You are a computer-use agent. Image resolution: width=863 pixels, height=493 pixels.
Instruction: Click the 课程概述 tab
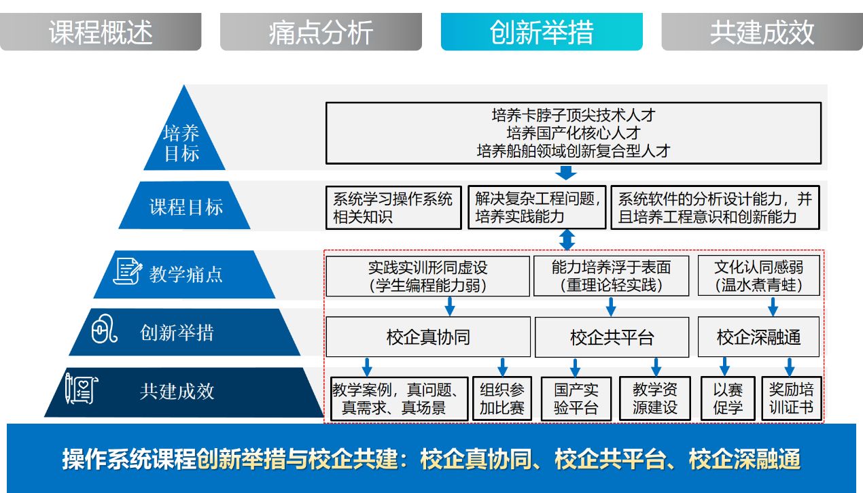(x=101, y=31)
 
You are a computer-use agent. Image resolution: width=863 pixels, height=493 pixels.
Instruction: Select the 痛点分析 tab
(x=321, y=31)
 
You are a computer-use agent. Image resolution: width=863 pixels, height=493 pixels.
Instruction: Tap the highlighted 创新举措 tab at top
(x=542, y=31)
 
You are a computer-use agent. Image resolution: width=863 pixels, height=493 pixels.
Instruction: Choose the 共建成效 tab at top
(x=762, y=31)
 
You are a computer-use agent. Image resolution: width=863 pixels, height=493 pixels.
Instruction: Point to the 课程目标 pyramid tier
(x=185, y=205)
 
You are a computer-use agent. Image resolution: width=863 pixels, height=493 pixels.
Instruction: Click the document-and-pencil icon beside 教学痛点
(x=127, y=271)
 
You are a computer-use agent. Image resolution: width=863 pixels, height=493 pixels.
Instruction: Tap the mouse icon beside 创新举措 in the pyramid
(x=104, y=329)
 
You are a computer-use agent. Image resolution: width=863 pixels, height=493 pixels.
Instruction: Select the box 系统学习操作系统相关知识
(x=393, y=208)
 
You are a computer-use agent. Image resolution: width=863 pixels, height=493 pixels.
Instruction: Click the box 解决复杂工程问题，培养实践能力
(x=537, y=207)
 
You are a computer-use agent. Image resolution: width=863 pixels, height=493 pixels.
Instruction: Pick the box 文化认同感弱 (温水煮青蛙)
(x=758, y=275)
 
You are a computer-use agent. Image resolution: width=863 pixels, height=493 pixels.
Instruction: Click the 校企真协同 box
(x=428, y=337)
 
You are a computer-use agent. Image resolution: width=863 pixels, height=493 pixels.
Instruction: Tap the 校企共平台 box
(x=612, y=337)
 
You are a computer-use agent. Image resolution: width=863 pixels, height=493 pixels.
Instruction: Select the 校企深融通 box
(x=758, y=337)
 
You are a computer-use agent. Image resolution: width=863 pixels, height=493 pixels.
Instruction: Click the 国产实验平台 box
(x=576, y=398)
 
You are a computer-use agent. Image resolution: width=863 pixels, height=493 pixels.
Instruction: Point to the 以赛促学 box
(x=728, y=398)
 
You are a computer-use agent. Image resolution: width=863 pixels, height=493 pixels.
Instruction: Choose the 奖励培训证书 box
(x=792, y=398)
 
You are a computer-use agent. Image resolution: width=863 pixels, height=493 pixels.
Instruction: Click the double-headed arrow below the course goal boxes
(x=567, y=240)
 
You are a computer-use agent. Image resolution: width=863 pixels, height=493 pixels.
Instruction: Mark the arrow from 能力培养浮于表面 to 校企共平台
(x=611, y=307)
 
